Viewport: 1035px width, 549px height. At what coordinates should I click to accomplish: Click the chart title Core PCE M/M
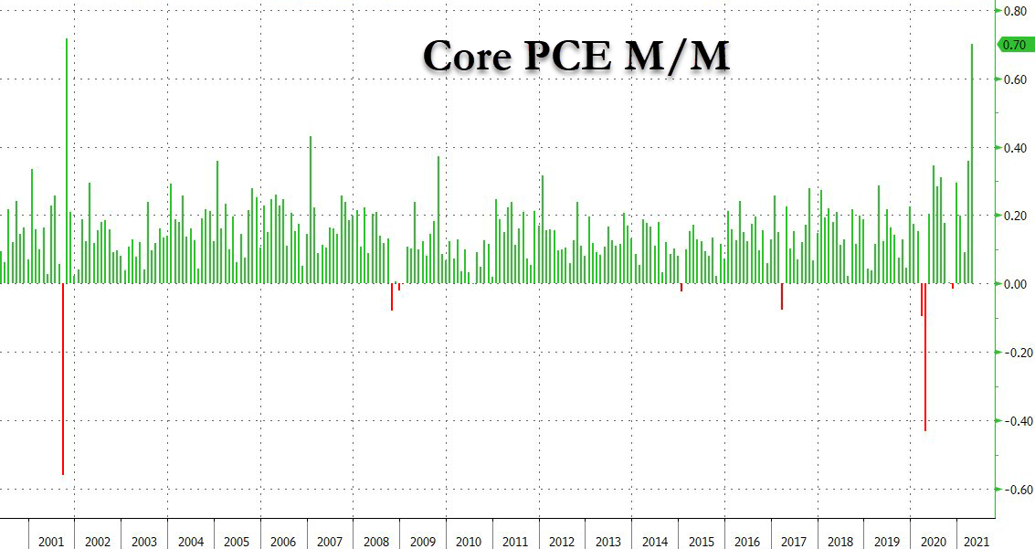point(576,57)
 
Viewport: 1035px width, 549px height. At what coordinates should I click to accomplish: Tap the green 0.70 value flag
point(1013,45)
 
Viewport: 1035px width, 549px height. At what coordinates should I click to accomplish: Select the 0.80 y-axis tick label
point(1015,12)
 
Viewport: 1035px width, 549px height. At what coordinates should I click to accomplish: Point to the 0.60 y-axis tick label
point(1015,80)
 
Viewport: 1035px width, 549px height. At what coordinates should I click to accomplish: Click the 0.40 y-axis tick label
point(1015,148)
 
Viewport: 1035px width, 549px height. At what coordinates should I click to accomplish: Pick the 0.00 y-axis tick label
point(1015,284)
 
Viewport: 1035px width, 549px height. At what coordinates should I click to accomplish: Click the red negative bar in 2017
point(782,297)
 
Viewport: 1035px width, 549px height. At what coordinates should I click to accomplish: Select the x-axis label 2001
point(51,541)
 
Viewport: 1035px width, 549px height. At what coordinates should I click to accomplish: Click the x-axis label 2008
point(376,541)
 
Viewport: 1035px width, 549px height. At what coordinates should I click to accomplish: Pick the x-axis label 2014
point(655,541)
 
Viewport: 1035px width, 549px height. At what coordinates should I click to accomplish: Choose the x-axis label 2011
point(515,541)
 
